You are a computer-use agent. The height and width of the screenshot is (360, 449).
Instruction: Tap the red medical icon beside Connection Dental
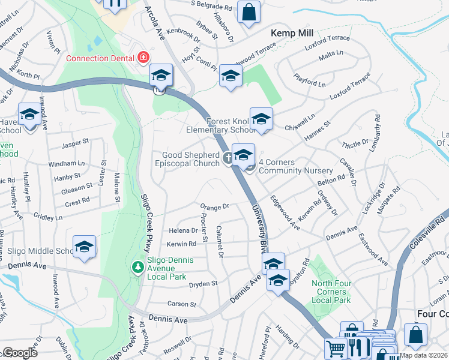click(x=143, y=58)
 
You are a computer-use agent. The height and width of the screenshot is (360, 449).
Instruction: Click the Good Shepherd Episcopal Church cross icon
click(x=228, y=158)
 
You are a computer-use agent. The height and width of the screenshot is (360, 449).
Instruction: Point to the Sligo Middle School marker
click(x=85, y=247)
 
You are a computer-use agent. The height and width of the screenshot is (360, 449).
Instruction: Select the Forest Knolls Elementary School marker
click(x=261, y=119)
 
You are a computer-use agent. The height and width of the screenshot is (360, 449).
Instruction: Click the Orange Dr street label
click(x=215, y=206)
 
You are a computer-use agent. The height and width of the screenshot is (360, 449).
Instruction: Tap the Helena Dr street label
click(x=183, y=230)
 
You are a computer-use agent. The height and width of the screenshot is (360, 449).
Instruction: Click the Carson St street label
click(x=182, y=304)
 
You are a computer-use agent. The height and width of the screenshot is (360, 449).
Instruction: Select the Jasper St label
click(x=75, y=143)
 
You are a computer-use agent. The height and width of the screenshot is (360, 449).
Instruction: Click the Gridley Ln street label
click(x=48, y=215)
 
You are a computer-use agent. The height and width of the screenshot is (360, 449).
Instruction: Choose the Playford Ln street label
click(x=310, y=77)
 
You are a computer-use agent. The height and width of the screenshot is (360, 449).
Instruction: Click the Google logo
click(x=20, y=353)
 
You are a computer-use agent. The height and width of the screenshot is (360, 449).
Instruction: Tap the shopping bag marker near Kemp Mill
click(x=249, y=12)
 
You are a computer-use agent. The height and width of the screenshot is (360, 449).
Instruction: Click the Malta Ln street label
click(x=331, y=55)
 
